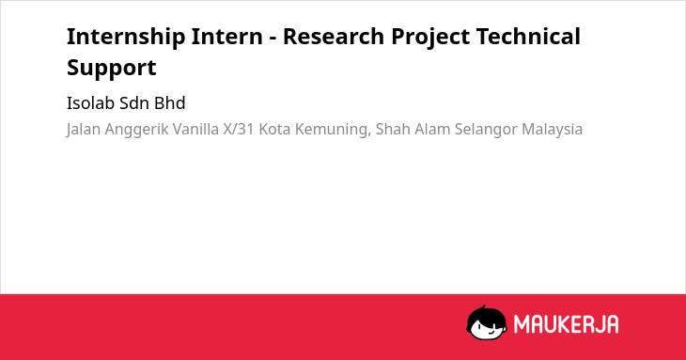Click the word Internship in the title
click(126, 37)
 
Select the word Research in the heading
click(334, 36)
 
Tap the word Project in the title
click(430, 38)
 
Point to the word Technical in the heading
click(528, 36)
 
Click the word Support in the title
click(112, 69)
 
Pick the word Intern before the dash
click(226, 36)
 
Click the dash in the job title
click(273, 39)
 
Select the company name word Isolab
click(91, 103)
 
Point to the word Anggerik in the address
click(136, 130)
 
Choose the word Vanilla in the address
click(195, 129)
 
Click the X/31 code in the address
click(239, 129)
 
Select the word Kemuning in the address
click(335, 130)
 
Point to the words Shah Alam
click(413, 129)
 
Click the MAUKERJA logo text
click(566, 324)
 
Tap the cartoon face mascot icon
click(487, 322)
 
